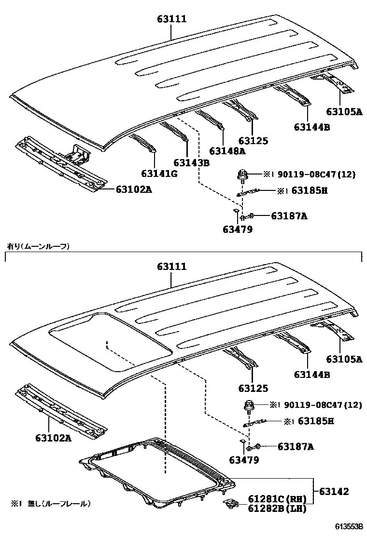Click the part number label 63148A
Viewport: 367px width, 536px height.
tap(227, 151)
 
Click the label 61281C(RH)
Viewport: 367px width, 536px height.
tap(275, 499)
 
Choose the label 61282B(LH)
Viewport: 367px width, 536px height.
tap(275, 508)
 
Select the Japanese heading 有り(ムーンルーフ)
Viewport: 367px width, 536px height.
tap(38, 246)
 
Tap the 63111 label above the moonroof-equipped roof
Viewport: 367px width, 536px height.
tap(171, 267)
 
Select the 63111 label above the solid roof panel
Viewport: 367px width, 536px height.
tap(171, 19)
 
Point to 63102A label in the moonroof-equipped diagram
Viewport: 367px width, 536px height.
tap(53, 438)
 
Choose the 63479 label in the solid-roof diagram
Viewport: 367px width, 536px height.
tap(238, 229)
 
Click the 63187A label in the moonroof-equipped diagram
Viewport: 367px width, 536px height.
tap(296, 447)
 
